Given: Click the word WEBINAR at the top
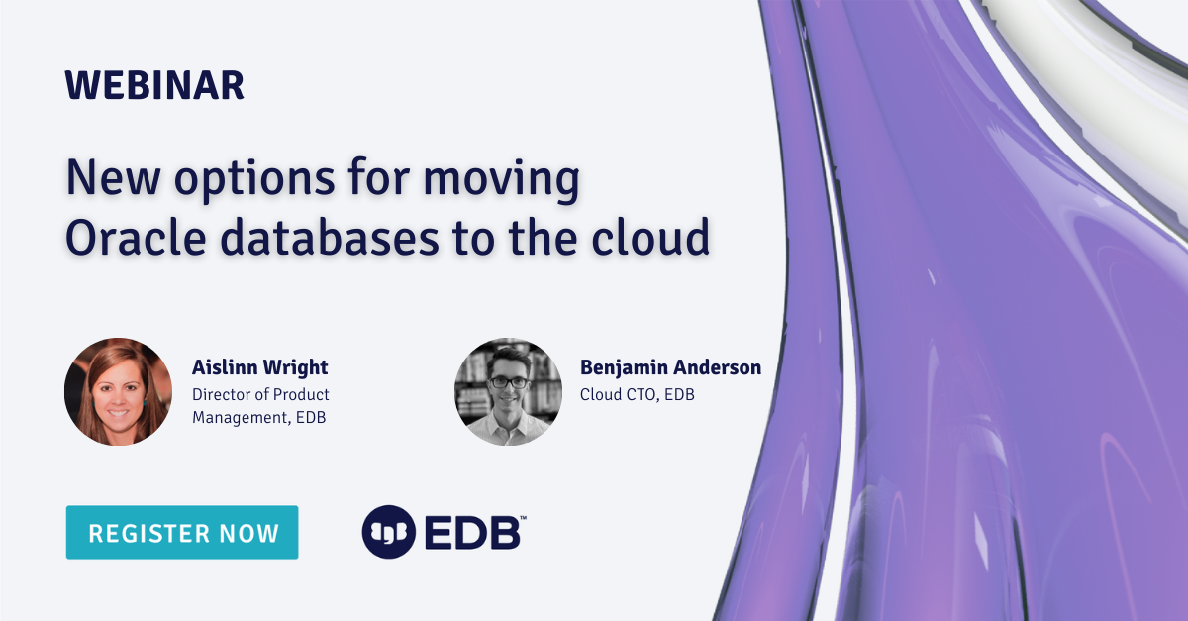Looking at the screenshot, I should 154,86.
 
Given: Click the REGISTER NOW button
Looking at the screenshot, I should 182,533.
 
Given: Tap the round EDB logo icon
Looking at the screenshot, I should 387,532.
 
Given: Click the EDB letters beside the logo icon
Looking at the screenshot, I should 472,533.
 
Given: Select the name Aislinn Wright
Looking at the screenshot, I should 259,368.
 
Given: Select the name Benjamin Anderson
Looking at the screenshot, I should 670,368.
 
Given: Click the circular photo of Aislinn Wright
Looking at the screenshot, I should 118,391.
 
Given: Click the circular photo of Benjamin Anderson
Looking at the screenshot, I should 508,391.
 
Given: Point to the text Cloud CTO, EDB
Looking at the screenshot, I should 639,394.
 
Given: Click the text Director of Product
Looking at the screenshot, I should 260,394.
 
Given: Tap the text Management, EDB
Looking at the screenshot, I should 258,417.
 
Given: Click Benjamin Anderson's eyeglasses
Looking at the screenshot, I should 509,382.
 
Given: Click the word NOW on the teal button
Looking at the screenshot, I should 247,533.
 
